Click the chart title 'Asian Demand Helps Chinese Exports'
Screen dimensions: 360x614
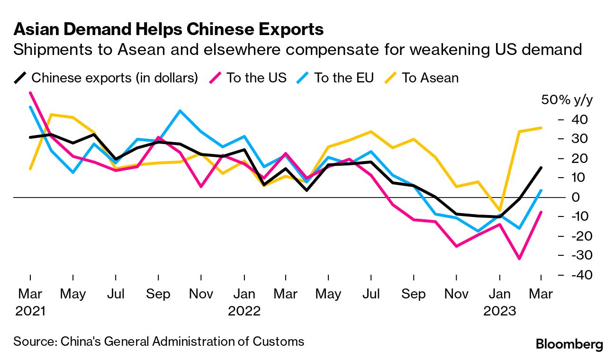[x=169, y=29]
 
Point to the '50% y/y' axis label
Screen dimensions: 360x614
[x=567, y=100]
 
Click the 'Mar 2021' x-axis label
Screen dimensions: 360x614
[x=30, y=302]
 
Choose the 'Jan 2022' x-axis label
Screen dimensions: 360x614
[x=244, y=302]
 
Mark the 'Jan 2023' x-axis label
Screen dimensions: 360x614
[x=499, y=302]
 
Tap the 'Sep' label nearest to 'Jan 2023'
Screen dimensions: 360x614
[x=414, y=294]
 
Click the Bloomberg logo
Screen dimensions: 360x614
[x=569, y=344]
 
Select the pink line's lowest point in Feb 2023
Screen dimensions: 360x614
[x=519, y=259]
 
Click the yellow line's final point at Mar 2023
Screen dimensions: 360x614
[x=541, y=127]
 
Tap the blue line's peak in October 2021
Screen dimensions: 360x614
[x=180, y=111]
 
